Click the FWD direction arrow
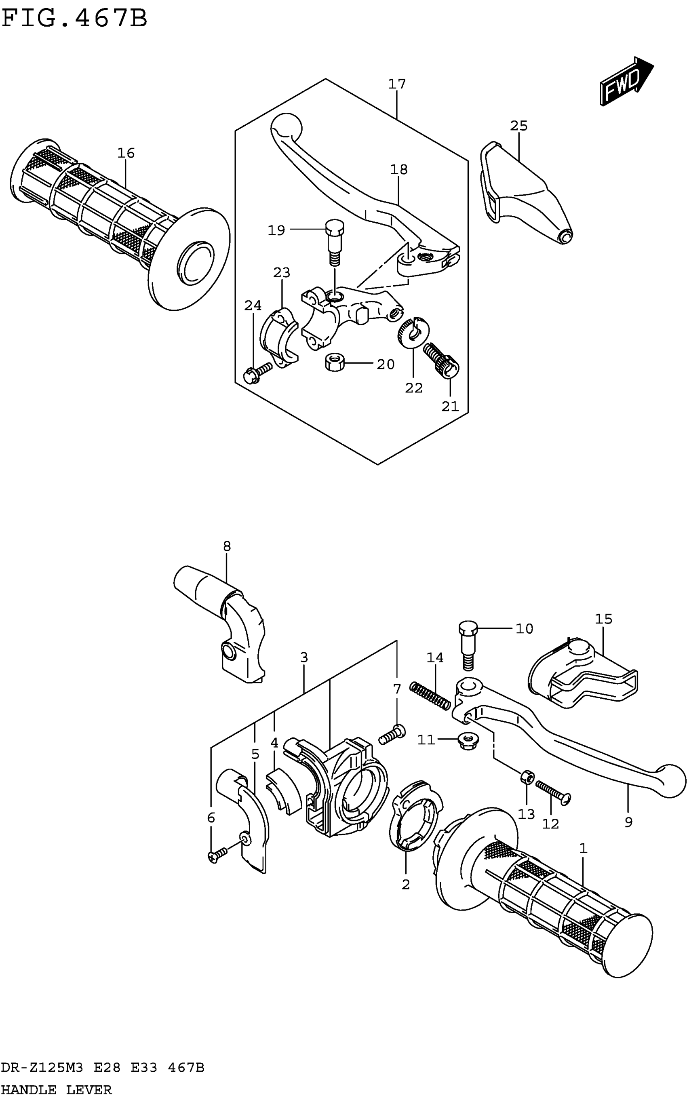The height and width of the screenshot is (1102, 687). tap(626, 81)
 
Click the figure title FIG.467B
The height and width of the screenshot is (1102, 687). tap(75, 19)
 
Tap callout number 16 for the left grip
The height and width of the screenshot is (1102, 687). tap(126, 154)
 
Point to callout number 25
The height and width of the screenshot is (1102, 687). tap(518, 126)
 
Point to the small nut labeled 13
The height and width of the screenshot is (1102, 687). tap(527, 777)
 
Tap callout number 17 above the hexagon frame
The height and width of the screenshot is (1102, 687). tap(397, 84)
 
